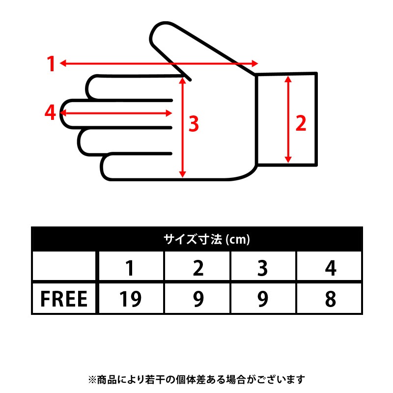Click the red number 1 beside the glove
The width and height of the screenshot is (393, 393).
[x=51, y=64]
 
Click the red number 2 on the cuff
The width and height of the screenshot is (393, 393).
[x=301, y=123]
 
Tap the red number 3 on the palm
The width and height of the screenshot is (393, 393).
[x=194, y=124]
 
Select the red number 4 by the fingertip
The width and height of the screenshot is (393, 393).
[x=50, y=112]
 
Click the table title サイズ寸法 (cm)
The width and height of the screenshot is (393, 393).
[x=207, y=239]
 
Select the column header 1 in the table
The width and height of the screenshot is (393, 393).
[x=130, y=268]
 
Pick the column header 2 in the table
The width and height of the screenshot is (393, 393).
[x=198, y=268]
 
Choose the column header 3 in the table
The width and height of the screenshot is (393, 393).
[x=262, y=268]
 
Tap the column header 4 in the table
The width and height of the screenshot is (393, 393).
[x=330, y=268]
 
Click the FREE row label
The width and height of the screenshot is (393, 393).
[x=64, y=299]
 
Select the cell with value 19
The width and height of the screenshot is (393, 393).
[x=130, y=299]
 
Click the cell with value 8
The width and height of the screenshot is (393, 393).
[x=330, y=299]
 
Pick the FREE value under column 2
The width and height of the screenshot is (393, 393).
[x=198, y=299]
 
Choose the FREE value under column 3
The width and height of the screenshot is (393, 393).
[x=263, y=299]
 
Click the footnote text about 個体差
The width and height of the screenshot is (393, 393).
[x=196, y=379]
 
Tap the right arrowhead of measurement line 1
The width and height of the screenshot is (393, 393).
[x=255, y=63]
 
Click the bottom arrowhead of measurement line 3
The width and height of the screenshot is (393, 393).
[x=182, y=174]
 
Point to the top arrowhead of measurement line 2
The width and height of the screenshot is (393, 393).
[x=288, y=79]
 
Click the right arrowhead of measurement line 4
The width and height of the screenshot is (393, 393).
[x=168, y=113]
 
